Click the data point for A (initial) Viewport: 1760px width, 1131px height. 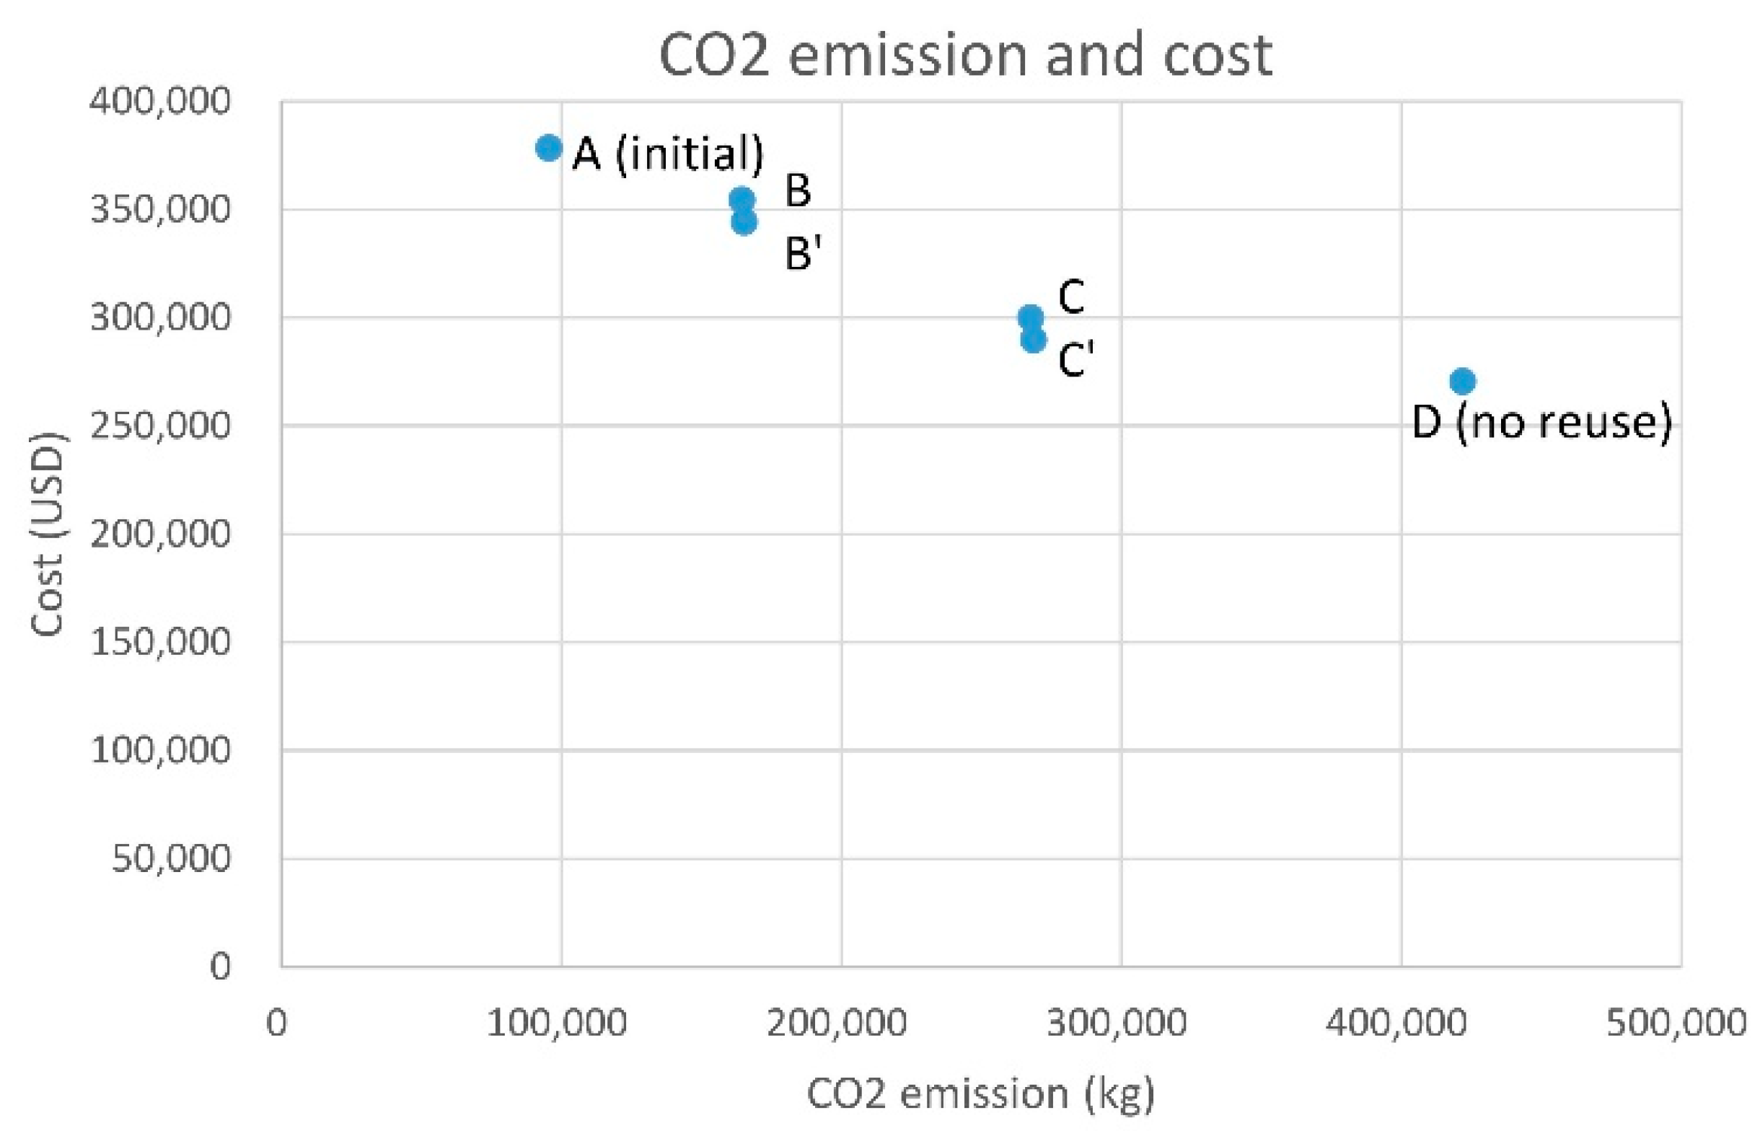pyautogui.click(x=548, y=148)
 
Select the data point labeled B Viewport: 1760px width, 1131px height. pyautogui.click(x=742, y=198)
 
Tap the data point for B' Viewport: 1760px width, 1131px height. pyautogui.click(x=744, y=221)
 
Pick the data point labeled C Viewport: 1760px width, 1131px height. pyautogui.click(x=1030, y=317)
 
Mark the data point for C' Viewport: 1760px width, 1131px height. pyautogui.click(x=1033, y=340)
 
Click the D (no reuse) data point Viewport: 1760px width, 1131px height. pyautogui.click(x=1463, y=380)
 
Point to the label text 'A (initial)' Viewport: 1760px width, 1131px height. pyautogui.click(x=667, y=154)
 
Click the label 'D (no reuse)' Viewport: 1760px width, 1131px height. pyautogui.click(x=1542, y=423)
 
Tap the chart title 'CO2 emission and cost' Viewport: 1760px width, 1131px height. pyautogui.click(x=966, y=55)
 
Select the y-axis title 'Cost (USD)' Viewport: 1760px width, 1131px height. pyautogui.click(x=48, y=534)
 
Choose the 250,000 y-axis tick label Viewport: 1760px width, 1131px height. pyautogui.click(x=160, y=426)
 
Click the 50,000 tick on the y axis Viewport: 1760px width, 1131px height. pyautogui.click(x=170, y=858)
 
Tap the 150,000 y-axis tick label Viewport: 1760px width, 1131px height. pyautogui.click(x=160, y=642)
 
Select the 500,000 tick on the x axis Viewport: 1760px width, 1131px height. pyautogui.click(x=1676, y=1022)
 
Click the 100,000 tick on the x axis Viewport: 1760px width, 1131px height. pyautogui.click(x=558, y=1022)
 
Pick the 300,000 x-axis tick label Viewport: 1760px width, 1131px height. pyautogui.click(x=1117, y=1022)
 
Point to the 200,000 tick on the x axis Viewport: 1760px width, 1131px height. pyautogui.click(x=837, y=1022)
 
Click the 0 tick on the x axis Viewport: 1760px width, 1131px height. pyautogui.click(x=277, y=1022)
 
